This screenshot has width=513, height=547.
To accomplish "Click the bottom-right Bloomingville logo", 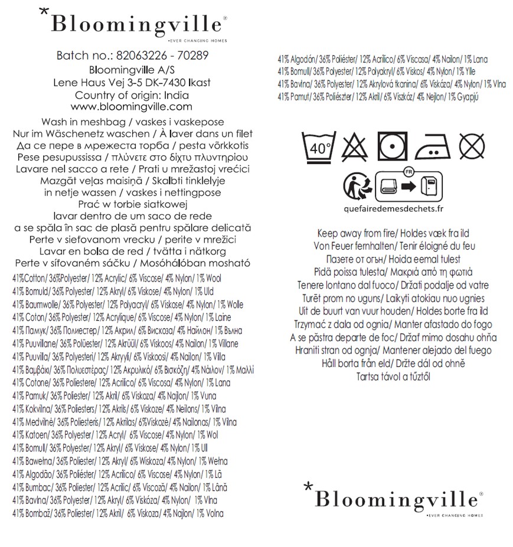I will point(393,500).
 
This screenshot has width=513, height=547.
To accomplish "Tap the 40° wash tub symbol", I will point(319,145).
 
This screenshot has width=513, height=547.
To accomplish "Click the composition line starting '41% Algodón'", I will point(382,59).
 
